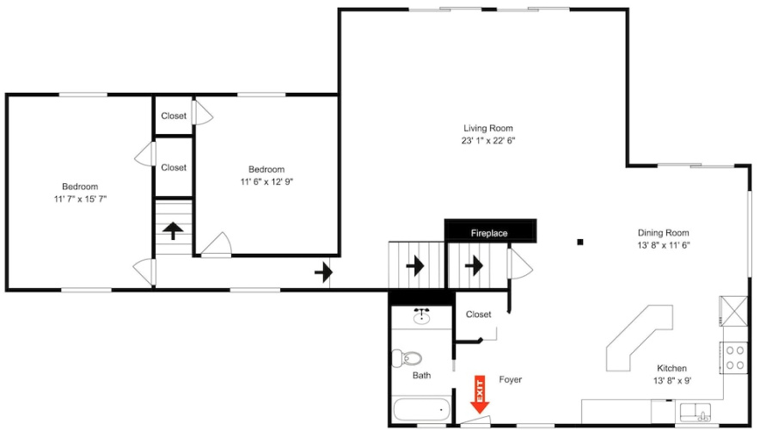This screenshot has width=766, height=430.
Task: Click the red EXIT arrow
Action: pyautogui.click(x=480, y=395)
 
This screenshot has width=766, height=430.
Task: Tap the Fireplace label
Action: pyautogui.click(x=489, y=233)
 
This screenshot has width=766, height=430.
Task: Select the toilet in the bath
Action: pyautogui.click(x=407, y=358)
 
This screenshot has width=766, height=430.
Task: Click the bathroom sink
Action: pyautogui.click(x=421, y=316)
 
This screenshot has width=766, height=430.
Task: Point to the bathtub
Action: pyautogui.click(x=421, y=409)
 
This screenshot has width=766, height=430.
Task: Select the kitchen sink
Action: pyautogui.click(x=696, y=413)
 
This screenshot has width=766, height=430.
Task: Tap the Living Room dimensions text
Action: pyautogui.click(x=488, y=141)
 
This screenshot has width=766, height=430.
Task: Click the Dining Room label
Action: pyautogui.click(x=663, y=232)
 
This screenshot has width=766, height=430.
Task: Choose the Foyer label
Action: pyautogui.click(x=511, y=379)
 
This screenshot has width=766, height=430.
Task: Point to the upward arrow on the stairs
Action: pyautogui.click(x=173, y=230)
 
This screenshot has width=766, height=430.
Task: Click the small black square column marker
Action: pyautogui.click(x=580, y=242)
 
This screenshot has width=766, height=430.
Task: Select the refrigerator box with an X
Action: pyautogui.click(x=734, y=310)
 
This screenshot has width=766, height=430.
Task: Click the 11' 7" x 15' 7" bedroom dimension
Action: pyautogui.click(x=80, y=199)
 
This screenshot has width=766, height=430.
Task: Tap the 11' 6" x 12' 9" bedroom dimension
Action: pyautogui.click(x=267, y=181)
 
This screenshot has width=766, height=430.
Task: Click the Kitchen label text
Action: pyautogui.click(x=671, y=368)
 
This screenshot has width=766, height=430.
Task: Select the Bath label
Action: pyautogui.click(x=421, y=375)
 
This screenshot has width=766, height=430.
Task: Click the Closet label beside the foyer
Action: pyautogui.click(x=478, y=314)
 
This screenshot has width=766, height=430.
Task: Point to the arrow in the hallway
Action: pyautogui.click(x=323, y=272)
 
